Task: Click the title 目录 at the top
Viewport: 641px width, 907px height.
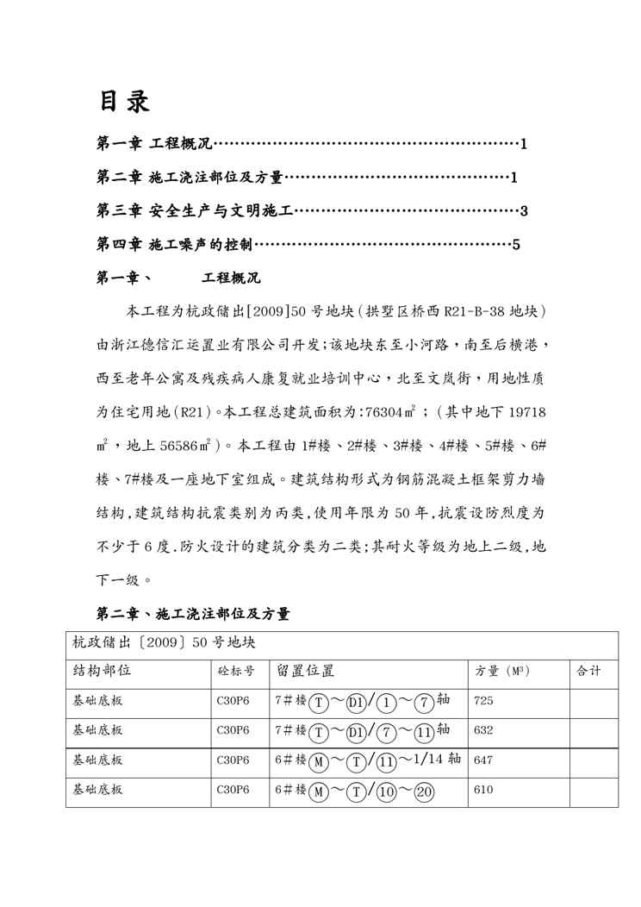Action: (123, 101)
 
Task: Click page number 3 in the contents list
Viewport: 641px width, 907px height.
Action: (523, 211)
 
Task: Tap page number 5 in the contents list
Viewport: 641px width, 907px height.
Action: (515, 245)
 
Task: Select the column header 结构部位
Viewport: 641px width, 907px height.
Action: (102, 671)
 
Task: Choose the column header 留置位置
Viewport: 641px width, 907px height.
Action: (305, 671)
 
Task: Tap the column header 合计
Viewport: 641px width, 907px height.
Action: (588, 671)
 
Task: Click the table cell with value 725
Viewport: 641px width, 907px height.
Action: (483, 701)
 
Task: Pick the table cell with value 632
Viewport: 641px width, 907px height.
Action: (483, 729)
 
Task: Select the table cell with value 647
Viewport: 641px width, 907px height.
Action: (483, 760)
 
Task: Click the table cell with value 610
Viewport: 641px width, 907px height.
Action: (483, 789)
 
